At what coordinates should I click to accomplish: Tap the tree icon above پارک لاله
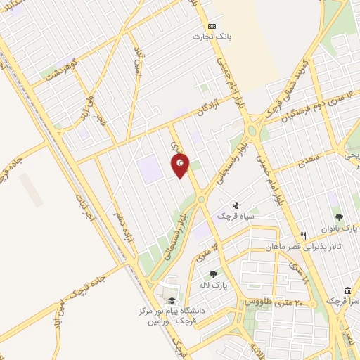tap(213, 274)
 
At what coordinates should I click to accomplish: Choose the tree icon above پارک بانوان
tap(340, 218)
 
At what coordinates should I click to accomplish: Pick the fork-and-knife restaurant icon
tap(304, 236)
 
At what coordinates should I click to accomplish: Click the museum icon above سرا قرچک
tap(347, 290)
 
